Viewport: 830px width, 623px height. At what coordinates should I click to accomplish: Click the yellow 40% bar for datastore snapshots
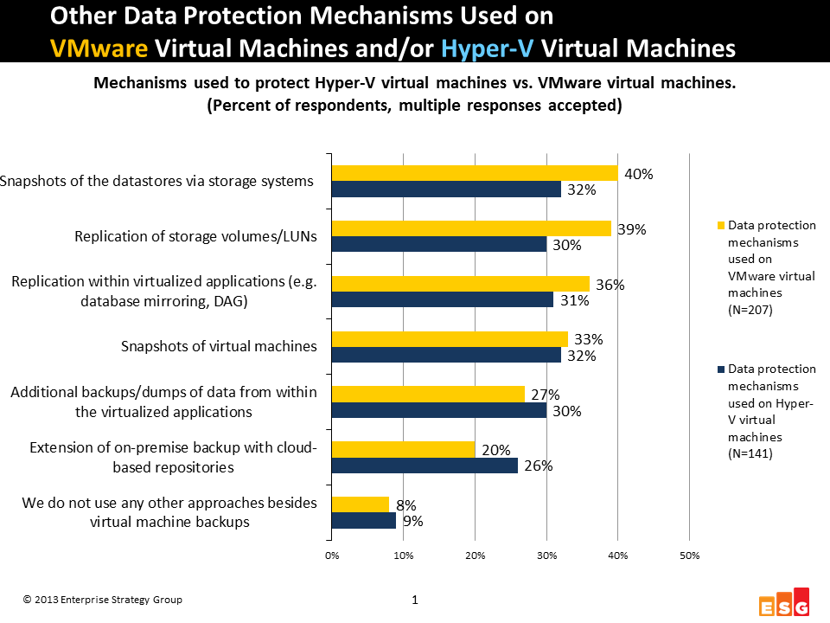click(475, 173)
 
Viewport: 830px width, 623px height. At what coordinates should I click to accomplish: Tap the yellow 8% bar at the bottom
click(360, 504)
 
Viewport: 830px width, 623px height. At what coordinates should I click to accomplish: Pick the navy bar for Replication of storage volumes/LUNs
click(438, 245)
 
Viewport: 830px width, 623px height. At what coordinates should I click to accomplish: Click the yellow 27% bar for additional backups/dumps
click(428, 394)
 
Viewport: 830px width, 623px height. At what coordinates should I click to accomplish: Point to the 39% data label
click(630, 229)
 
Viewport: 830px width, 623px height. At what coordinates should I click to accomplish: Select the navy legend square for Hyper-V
click(718, 369)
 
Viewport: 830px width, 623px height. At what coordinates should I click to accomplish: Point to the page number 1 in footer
click(415, 600)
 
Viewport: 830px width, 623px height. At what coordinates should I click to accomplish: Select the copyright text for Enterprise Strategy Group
click(103, 600)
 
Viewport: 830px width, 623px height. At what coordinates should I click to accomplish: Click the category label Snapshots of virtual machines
click(219, 346)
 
